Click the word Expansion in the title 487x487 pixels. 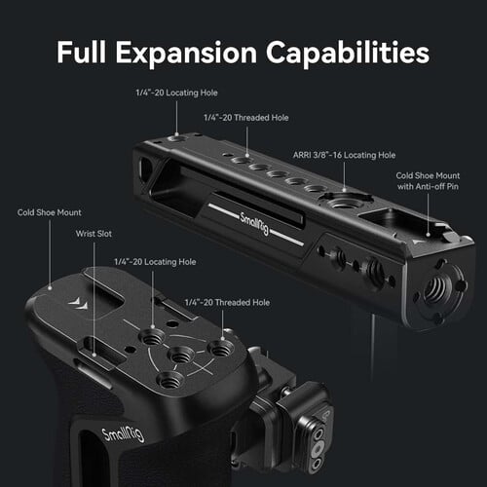click(186, 54)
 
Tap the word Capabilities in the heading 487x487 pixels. click(348, 54)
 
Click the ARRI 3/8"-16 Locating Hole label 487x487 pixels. click(344, 155)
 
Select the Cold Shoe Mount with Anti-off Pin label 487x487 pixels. click(428, 181)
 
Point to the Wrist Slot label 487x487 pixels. click(94, 234)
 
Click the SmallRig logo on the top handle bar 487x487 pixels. click(254, 223)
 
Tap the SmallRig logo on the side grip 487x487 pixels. click(123, 435)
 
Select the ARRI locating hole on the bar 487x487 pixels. click(343, 204)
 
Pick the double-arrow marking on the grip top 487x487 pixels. click(78, 303)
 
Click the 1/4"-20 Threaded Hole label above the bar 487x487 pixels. click(246, 118)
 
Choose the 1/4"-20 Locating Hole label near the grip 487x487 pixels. click(155, 262)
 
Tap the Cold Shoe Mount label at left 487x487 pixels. click(49, 212)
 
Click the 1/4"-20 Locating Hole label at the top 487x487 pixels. click(176, 93)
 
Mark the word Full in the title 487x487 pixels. click(82, 52)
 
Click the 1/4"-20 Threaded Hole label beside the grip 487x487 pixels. click(227, 302)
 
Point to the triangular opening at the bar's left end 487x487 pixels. click(146, 168)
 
